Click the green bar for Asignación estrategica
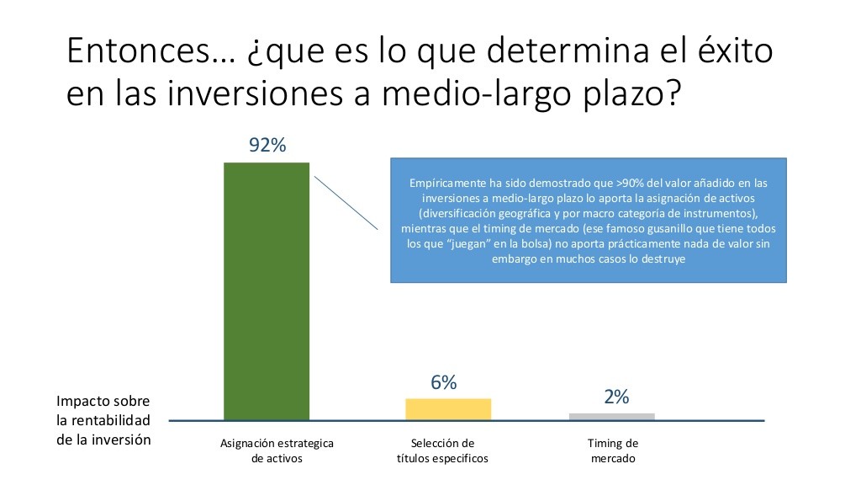click(x=267, y=291)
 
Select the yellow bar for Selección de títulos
click(x=448, y=410)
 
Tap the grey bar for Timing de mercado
click(x=612, y=417)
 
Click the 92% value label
click(x=267, y=145)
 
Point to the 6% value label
click(x=444, y=382)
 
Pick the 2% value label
click(x=616, y=397)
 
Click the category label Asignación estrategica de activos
click(x=277, y=450)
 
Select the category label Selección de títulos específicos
click(x=442, y=450)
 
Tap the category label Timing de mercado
click(x=613, y=450)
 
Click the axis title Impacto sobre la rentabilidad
click(x=103, y=420)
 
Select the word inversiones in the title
click(x=255, y=93)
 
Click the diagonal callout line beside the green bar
click(x=346, y=203)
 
